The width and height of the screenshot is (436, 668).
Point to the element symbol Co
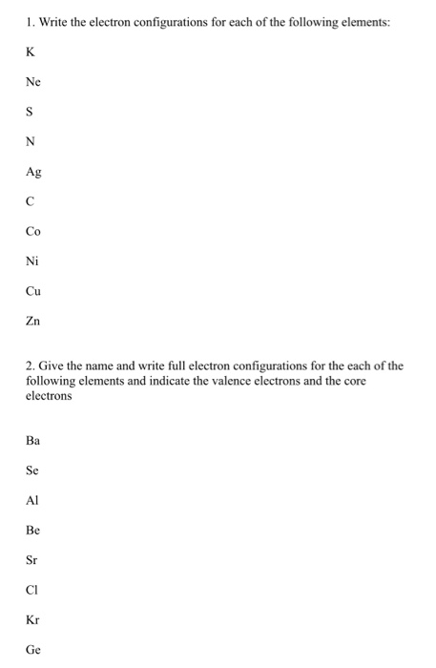pyautogui.click(x=34, y=231)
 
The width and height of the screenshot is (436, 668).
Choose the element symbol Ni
pyautogui.click(x=32, y=261)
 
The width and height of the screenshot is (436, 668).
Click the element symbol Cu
pyautogui.click(x=34, y=291)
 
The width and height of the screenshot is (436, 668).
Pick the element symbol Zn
pyautogui.click(x=33, y=321)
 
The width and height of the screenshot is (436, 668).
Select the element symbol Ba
pyautogui.click(x=34, y=441)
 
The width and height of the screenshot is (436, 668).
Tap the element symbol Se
pyautogui.click(x=33, y=470)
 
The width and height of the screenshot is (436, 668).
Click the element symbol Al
pyautogui.click(x=32, y=500)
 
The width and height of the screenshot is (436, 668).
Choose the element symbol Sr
pyautogui.click(x=32, y=560)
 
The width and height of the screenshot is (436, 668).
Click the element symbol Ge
pyautogui.click(x=34, y=650)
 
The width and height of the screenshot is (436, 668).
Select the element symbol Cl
pyautogui.click(x=32, y=590)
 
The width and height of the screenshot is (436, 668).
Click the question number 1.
pyautogui.click(x=31, y=17)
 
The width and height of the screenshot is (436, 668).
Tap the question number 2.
pyautogui.click(x=31, y=365)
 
